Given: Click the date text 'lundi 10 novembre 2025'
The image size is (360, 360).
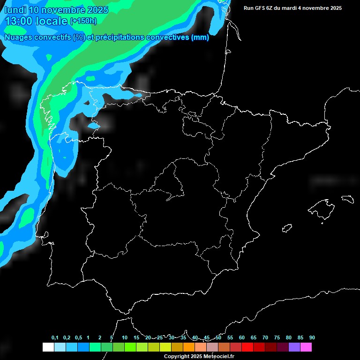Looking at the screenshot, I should pyautogui.click(x=56, y=10).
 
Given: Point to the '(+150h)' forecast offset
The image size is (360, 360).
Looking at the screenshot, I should pyautogui.click(x=83, y=21).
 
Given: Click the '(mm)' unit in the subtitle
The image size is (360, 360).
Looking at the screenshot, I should pyautogui.click(x=200, y=37).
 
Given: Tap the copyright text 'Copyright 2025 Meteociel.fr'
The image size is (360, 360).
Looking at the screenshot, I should pyautogui.click(x=199, y=356).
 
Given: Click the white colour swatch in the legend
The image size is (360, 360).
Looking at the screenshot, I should pyautogui.click(x=48, y=347).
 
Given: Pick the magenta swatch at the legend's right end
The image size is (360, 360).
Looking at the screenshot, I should pyautogui.click(x=306, y=347).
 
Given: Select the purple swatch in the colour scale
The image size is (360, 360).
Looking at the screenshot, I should pyautogui.click(x=294, y=347).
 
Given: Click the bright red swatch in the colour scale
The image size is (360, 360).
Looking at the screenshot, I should pyautogui.click(x=247, y=347).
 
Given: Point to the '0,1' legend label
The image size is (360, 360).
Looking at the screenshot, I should pyautogui.click(x=55, y=337).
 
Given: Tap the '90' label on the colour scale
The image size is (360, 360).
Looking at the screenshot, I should pyautogui.click(x=312, y=337).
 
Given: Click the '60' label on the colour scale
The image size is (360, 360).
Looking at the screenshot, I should pyautogui.click(x=242, y=337).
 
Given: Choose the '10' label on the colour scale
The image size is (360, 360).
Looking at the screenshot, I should pyautogui.click(x=125, y=337).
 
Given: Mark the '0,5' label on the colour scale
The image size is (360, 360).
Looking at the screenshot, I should pyautogui.click(x=78, y=337).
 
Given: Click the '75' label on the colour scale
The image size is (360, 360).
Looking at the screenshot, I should pyautogui.click(x=277, y=337).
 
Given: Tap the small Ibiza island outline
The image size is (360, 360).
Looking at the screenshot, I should pyautogui.click(x=287, y=228).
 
